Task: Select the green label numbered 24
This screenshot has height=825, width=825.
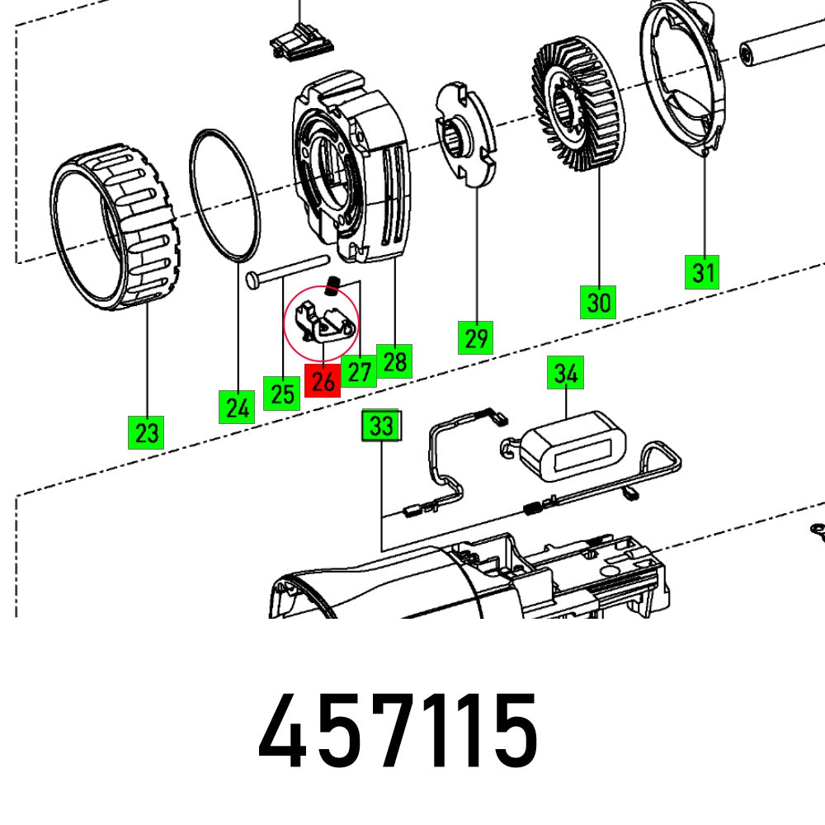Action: coord(237,408)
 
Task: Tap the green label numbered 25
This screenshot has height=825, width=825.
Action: coord(282,393)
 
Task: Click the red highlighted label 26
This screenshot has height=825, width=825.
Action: coord(323,380)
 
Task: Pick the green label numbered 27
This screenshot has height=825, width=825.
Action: coord(359,371)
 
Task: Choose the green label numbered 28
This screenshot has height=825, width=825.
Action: coord(394,361)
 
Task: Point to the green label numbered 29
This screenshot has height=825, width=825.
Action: coord(476,337)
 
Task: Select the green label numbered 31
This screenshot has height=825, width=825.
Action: coord(703,271)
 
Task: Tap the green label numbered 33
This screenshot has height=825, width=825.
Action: coord(381,427)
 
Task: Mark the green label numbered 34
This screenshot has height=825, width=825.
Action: coord(565,374)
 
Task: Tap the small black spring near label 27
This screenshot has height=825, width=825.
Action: coord(334,285)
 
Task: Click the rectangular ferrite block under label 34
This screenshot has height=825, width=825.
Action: coord(573,452)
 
